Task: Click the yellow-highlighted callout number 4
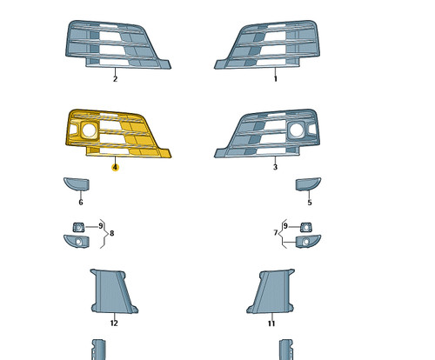(115, 168)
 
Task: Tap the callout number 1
(276, 79)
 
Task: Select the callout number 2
(115, 79)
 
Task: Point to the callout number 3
(275, 167)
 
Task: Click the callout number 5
(310, 203)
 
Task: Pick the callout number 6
(81, 203)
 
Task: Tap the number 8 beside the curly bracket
(112, 233)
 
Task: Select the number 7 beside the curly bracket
(276, 233)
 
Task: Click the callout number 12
(114, 323)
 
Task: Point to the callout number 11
(271, 323)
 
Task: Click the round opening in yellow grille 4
(90, 130)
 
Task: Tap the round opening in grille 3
(296, 130)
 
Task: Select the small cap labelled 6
(77, 184)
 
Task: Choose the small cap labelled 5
(308, 184)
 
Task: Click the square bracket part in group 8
(78, 227)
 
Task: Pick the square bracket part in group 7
(306, 227)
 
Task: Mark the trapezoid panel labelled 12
(114, 291)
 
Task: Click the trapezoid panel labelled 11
(271, 291)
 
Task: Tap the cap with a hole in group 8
(77, 242)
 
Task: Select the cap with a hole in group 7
(308, 242)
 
